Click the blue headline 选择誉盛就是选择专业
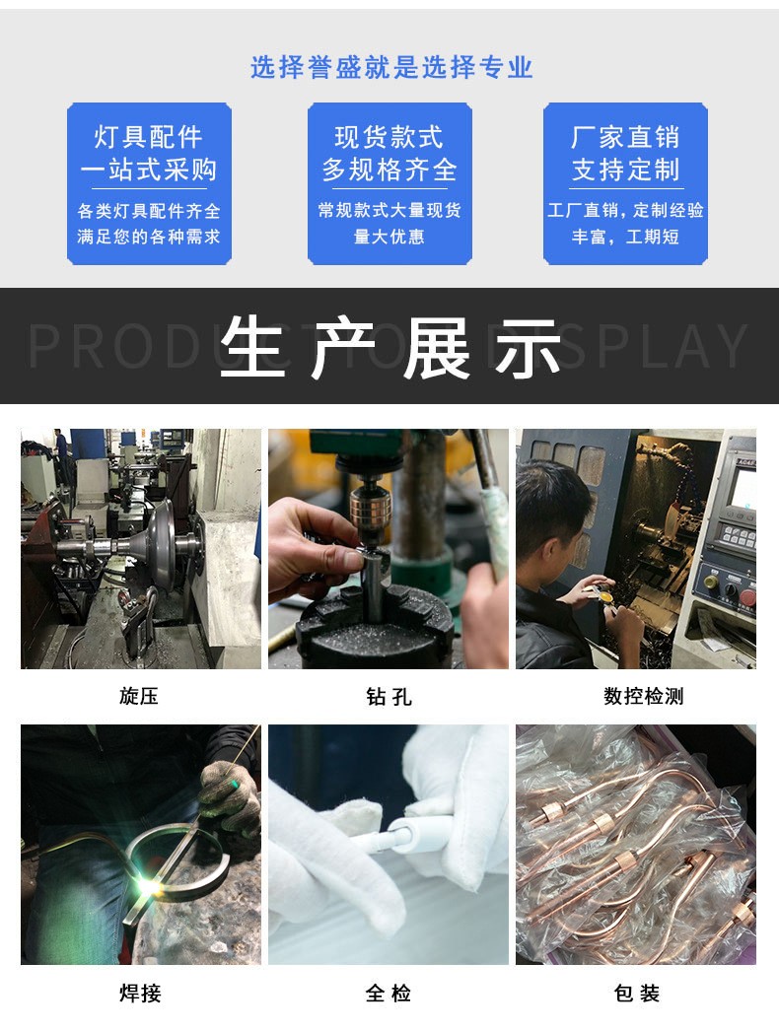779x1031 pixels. point(390,67)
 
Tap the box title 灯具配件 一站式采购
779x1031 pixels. point(149,153)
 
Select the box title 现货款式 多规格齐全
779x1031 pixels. point(389,153)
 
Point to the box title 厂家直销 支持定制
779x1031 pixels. point(625,153)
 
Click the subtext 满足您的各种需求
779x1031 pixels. point(149,237)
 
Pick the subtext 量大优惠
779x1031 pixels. point(389,237)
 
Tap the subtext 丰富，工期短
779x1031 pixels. point(625,237)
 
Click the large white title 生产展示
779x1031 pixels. point(389,348)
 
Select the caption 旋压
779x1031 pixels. point(139,696)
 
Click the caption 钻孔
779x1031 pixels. point(389,696)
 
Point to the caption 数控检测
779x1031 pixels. point(644,696)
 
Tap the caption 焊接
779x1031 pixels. point(140,993)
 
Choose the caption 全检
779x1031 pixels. point(389,993)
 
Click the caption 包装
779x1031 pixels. point(637,993)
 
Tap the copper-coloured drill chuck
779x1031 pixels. point(370,509)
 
